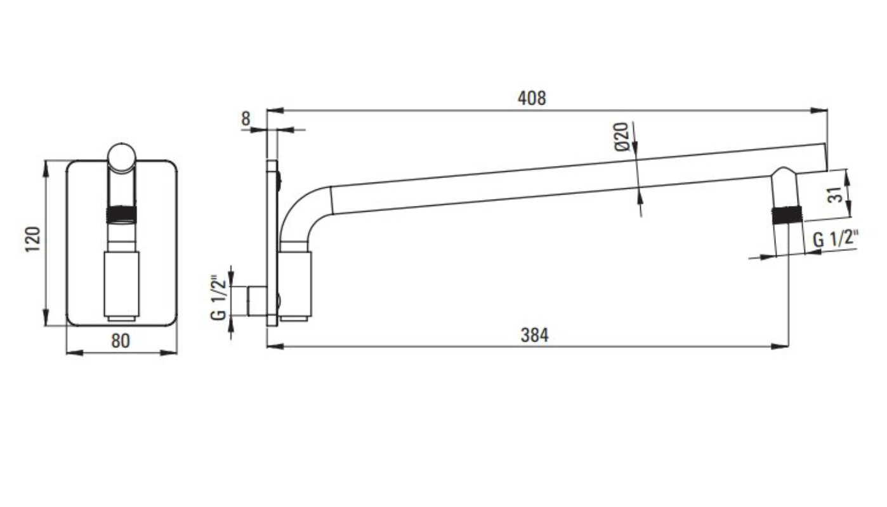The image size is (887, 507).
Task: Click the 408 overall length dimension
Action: point(532,98)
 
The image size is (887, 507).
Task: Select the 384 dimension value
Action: point(535,335)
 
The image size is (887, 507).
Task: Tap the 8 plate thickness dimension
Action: point(246,119)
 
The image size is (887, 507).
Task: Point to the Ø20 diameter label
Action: point(622,136)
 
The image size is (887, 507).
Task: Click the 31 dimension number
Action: point(835,195)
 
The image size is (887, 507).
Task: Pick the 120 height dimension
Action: point(33,239)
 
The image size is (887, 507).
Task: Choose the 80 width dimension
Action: point(121,341)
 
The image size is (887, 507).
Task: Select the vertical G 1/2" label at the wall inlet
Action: point(219,297)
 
